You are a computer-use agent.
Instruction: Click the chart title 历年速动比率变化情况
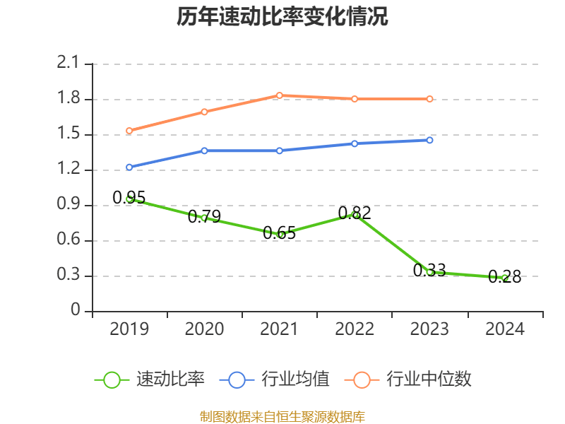[x=282, y=17]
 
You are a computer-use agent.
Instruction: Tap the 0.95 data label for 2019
[x=129, y=198]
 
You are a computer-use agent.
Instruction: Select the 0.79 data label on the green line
[x=204, y=216]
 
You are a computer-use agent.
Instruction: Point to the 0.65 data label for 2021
[x=279, y=232]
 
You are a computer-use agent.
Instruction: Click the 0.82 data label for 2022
[x=355, y=213]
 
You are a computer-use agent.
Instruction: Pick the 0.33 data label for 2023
[x=429, y=270]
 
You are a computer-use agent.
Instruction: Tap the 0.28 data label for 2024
[x=504, y=276]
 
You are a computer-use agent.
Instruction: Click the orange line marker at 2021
[x=280, y=95]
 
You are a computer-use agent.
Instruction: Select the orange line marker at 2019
[x=129, y=131]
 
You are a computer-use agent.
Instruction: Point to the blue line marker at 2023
[x=429, y=140]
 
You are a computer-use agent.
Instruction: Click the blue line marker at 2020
[x=204, y=151]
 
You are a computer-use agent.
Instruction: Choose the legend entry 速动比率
[x=150, y=379]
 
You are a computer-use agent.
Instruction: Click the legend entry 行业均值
[x=275, y=379]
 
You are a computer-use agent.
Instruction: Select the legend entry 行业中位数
[x=408, y=379]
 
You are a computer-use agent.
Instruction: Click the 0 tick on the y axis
[x=76, y=311]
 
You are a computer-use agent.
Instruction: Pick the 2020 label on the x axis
[x=204, y=329]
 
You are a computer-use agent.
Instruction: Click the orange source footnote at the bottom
[x=282, y=416]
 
